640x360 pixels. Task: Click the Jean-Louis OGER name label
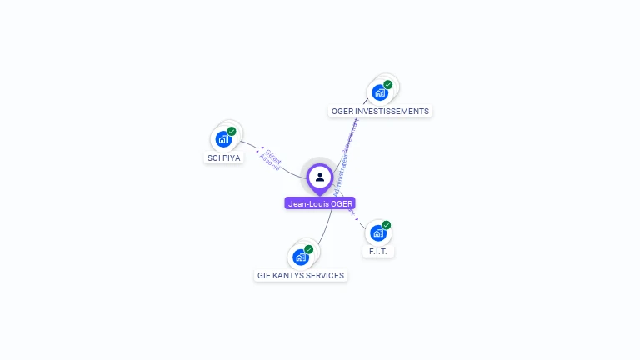point(320,202)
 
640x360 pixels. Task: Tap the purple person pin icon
point(320,177)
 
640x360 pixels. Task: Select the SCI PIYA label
point(224,157)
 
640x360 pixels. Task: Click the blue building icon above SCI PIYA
point(222,139)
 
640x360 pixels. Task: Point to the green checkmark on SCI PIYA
point(232,132)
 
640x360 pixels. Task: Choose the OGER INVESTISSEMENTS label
point(380,111)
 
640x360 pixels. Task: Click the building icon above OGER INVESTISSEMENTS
point(379,92)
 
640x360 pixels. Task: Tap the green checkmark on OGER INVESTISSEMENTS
point(388,85)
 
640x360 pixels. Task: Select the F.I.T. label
point(377,251)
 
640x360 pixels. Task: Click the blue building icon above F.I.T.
point(377,232)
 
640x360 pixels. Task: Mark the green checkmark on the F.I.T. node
point(387,225)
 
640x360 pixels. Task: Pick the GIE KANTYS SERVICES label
point(301,275)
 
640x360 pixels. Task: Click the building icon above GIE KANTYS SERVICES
point(300,257)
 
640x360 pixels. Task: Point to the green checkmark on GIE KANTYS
point(309,249)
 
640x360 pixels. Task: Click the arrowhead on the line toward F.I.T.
point(357,218)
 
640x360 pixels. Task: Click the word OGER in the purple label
point(342,202)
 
